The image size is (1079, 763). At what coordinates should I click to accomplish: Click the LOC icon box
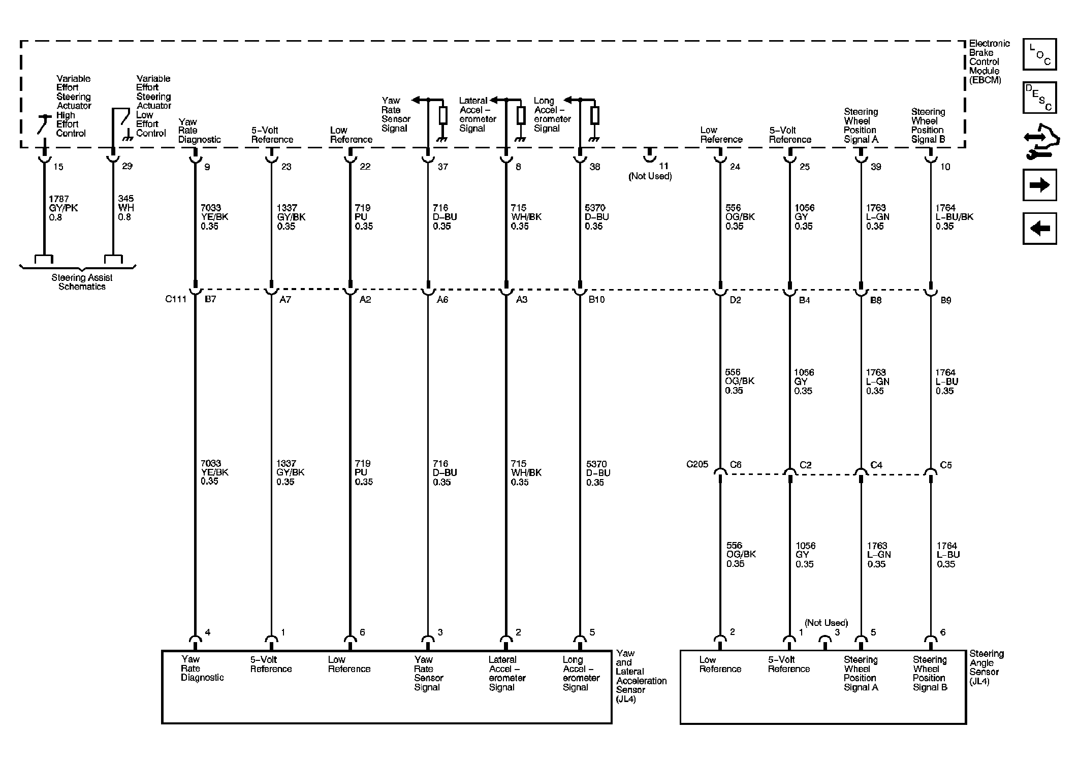click(1039, 54)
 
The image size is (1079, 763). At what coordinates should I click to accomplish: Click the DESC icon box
click(1039, 98)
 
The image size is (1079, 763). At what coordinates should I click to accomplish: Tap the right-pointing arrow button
click(1039, 185)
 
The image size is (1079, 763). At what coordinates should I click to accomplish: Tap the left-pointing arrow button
click(1039, 228)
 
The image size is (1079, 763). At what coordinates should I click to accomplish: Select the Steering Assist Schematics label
click(82, 282)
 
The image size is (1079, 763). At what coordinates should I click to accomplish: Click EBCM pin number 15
click(58, 167)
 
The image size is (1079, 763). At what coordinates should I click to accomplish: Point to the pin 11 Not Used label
click(650, 176)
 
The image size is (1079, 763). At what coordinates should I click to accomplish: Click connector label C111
click(176, 299)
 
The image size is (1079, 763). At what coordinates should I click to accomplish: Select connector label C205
click(697, 464)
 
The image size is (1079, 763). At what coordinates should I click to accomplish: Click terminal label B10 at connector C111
click(596, 300)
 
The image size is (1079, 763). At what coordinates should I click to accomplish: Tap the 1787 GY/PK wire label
click(64, 208)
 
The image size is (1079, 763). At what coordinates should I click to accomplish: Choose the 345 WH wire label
click(126, 208)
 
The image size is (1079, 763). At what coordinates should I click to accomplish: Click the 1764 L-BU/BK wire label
click(954, 217)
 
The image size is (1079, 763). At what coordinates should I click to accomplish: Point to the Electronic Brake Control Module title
click(989, 61)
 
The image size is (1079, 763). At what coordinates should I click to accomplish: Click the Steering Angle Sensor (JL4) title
click(987, 667)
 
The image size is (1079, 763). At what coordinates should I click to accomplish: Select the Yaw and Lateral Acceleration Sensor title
click(641, 676)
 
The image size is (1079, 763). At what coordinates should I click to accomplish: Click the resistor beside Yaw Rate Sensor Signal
click(443, 116)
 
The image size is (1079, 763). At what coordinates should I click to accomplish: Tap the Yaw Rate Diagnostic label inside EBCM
click(199, 131)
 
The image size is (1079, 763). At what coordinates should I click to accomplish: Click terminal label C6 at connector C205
click(735, 465)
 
